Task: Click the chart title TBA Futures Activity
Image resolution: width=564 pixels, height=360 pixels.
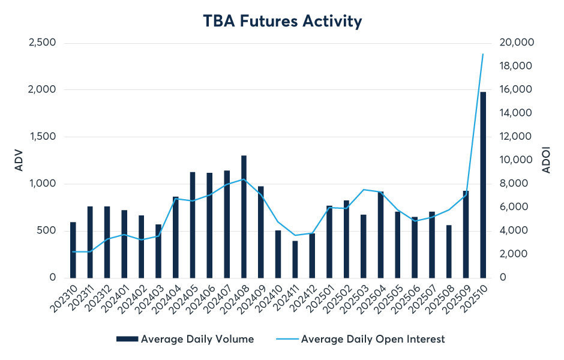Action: [x=281, y=22]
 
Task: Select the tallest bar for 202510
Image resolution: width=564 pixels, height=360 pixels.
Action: [x=483, y=185]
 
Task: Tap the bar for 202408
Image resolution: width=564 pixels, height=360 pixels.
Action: [x=244, y=217]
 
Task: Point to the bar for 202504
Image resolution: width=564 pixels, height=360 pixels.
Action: [x=380, y=235]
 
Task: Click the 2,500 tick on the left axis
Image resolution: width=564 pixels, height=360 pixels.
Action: [x=43, y=43]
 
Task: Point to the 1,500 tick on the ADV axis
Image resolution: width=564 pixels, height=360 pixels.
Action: [x=43, y=137]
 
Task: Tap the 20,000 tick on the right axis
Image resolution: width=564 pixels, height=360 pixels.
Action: [x=516, y=43]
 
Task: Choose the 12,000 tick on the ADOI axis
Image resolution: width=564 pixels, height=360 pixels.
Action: [x=516, y=137]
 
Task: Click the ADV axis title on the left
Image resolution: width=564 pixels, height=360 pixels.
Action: [x=18, y=160]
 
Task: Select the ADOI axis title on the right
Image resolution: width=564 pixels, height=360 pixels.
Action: [x=546, y=160]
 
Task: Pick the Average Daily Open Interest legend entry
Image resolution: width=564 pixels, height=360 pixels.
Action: [x=373, y=339]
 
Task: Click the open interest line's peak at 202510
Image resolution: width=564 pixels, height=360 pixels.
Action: [x=483, y=54]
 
